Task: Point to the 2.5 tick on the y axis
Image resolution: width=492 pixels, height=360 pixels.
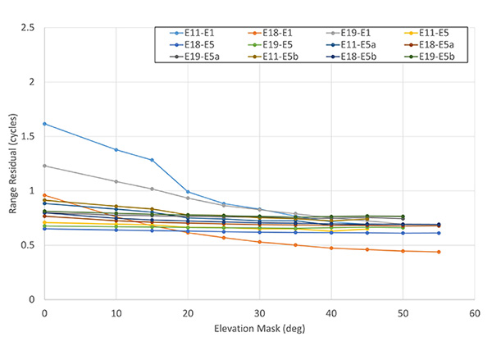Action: [x=30, y=29]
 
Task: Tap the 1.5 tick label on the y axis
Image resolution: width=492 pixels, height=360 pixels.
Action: [x=30, y=137]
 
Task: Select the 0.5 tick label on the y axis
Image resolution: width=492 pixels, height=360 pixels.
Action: [x=30, y=245]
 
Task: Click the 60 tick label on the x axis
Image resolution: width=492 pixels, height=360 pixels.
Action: [x=474, y=312]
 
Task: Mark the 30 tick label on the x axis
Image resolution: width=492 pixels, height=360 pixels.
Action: [x=259, y=312]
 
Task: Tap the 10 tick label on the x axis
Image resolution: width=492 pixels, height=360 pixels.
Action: [x=116, y=312]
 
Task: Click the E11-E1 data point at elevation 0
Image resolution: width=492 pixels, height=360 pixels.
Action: [x=44, y=124]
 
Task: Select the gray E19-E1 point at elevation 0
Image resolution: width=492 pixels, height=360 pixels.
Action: [x=44, y=166]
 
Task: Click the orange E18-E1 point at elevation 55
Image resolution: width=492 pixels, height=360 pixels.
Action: [x=439, y=252]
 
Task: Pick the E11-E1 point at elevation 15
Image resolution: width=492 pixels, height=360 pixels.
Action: [x=152, y=160]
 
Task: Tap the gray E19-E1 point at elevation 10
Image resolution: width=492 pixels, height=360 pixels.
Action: [x=116, y=181]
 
